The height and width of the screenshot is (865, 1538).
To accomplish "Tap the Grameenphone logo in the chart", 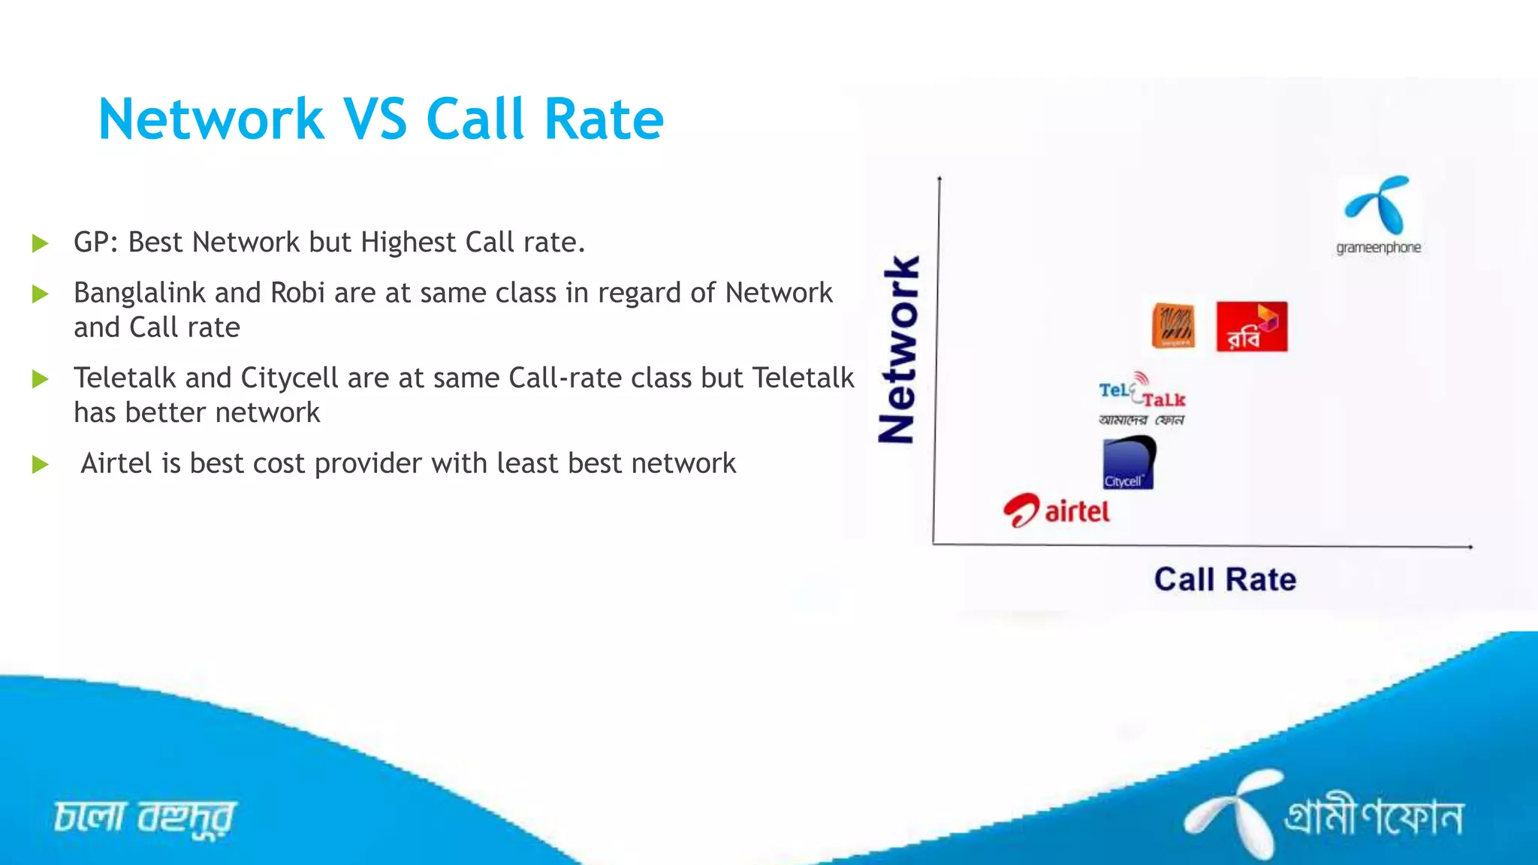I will coord(1378,213).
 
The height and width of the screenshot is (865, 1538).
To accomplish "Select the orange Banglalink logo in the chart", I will coord(1173,326).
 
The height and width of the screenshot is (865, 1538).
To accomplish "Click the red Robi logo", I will coord(1251,327).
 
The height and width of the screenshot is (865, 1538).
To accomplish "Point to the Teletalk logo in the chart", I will coord(1141,399).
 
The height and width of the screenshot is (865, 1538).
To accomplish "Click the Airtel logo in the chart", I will coord(1057,511).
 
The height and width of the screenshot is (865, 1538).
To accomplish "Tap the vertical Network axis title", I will coord(898,349).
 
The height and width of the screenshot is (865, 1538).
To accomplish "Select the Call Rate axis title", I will coord(1225,580).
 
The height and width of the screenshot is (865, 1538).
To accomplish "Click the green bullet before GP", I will coord(41,243).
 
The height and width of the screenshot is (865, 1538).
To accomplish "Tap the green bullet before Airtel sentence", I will coord(41,465).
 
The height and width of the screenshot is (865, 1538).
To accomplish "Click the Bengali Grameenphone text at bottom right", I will coord(1374,817).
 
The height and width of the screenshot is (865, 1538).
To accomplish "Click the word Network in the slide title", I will coord(211,119).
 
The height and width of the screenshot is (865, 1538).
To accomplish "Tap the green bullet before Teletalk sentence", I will coord(41,379).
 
